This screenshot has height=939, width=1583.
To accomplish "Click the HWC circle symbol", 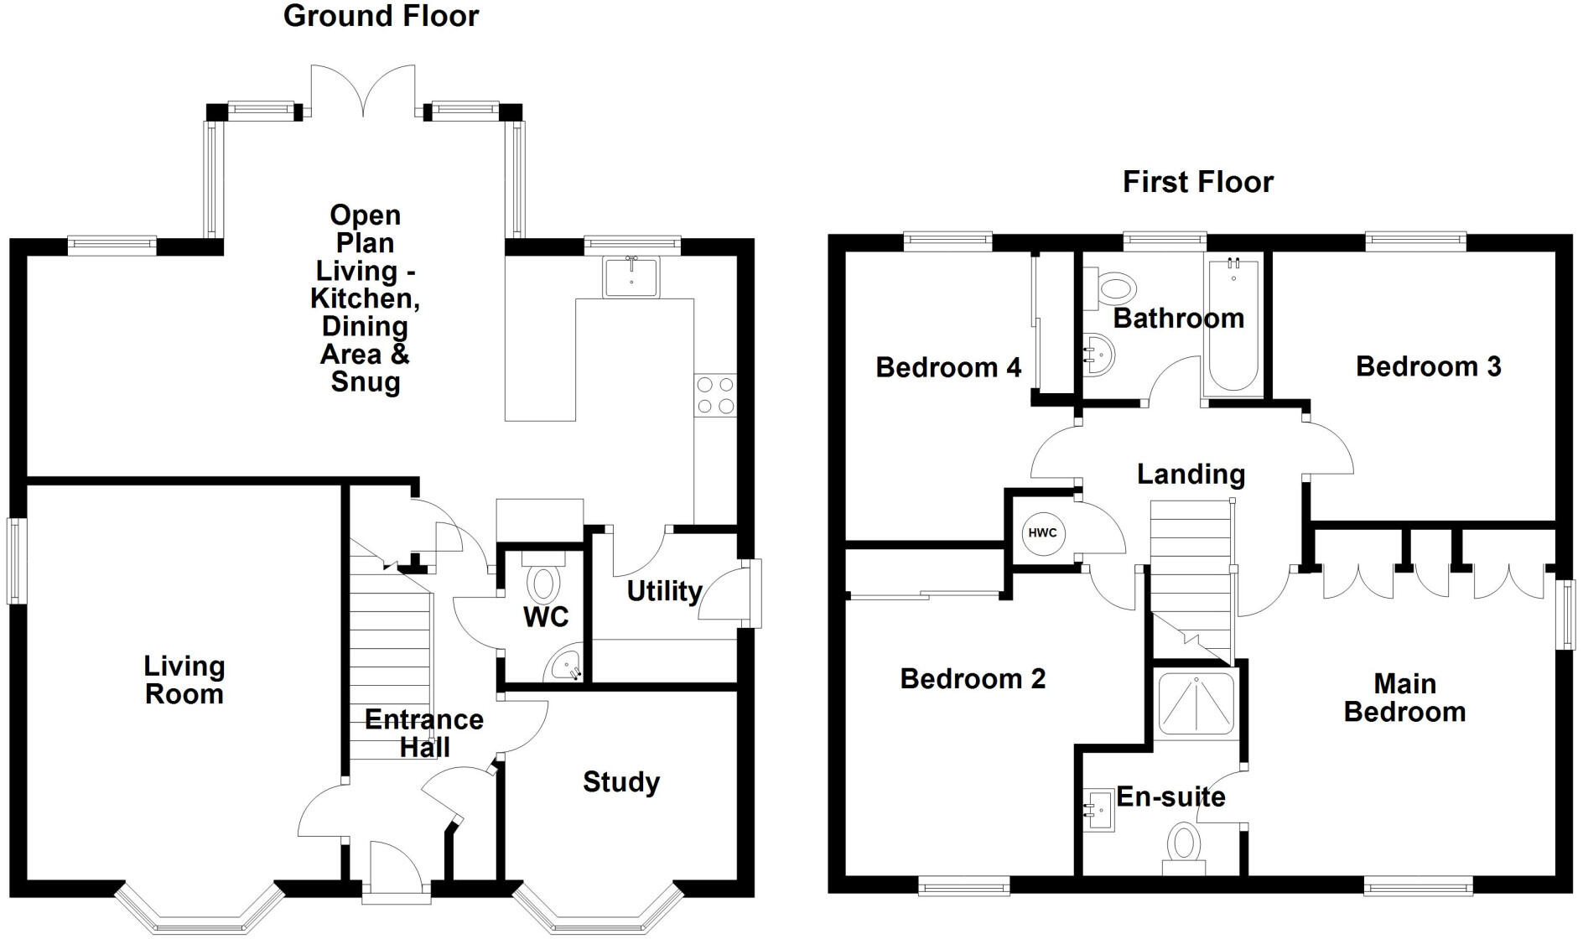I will pos(1043,533).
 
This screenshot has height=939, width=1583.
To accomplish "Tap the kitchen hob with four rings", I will pos(715,396).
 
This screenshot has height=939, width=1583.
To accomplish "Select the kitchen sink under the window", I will pos(631,277).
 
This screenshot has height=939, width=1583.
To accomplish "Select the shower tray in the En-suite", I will pos(1196,703).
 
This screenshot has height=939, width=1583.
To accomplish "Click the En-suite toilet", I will pos(1184,845).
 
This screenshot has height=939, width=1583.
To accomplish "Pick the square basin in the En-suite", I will pos(1100,810).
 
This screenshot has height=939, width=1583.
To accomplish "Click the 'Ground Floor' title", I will pos(381,16).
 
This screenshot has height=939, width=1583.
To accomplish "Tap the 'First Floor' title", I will pos(1197,182).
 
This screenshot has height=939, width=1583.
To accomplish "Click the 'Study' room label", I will pos(621,782).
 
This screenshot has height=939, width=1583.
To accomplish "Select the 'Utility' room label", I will pos(664,591).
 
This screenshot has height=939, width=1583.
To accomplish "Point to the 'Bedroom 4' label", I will pos(948,367).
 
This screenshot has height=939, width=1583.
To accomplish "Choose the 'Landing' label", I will pos(1191,475).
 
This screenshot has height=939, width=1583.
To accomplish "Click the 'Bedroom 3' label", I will pos(1428,366).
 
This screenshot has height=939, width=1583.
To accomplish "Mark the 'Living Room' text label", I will pos(184,680).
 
